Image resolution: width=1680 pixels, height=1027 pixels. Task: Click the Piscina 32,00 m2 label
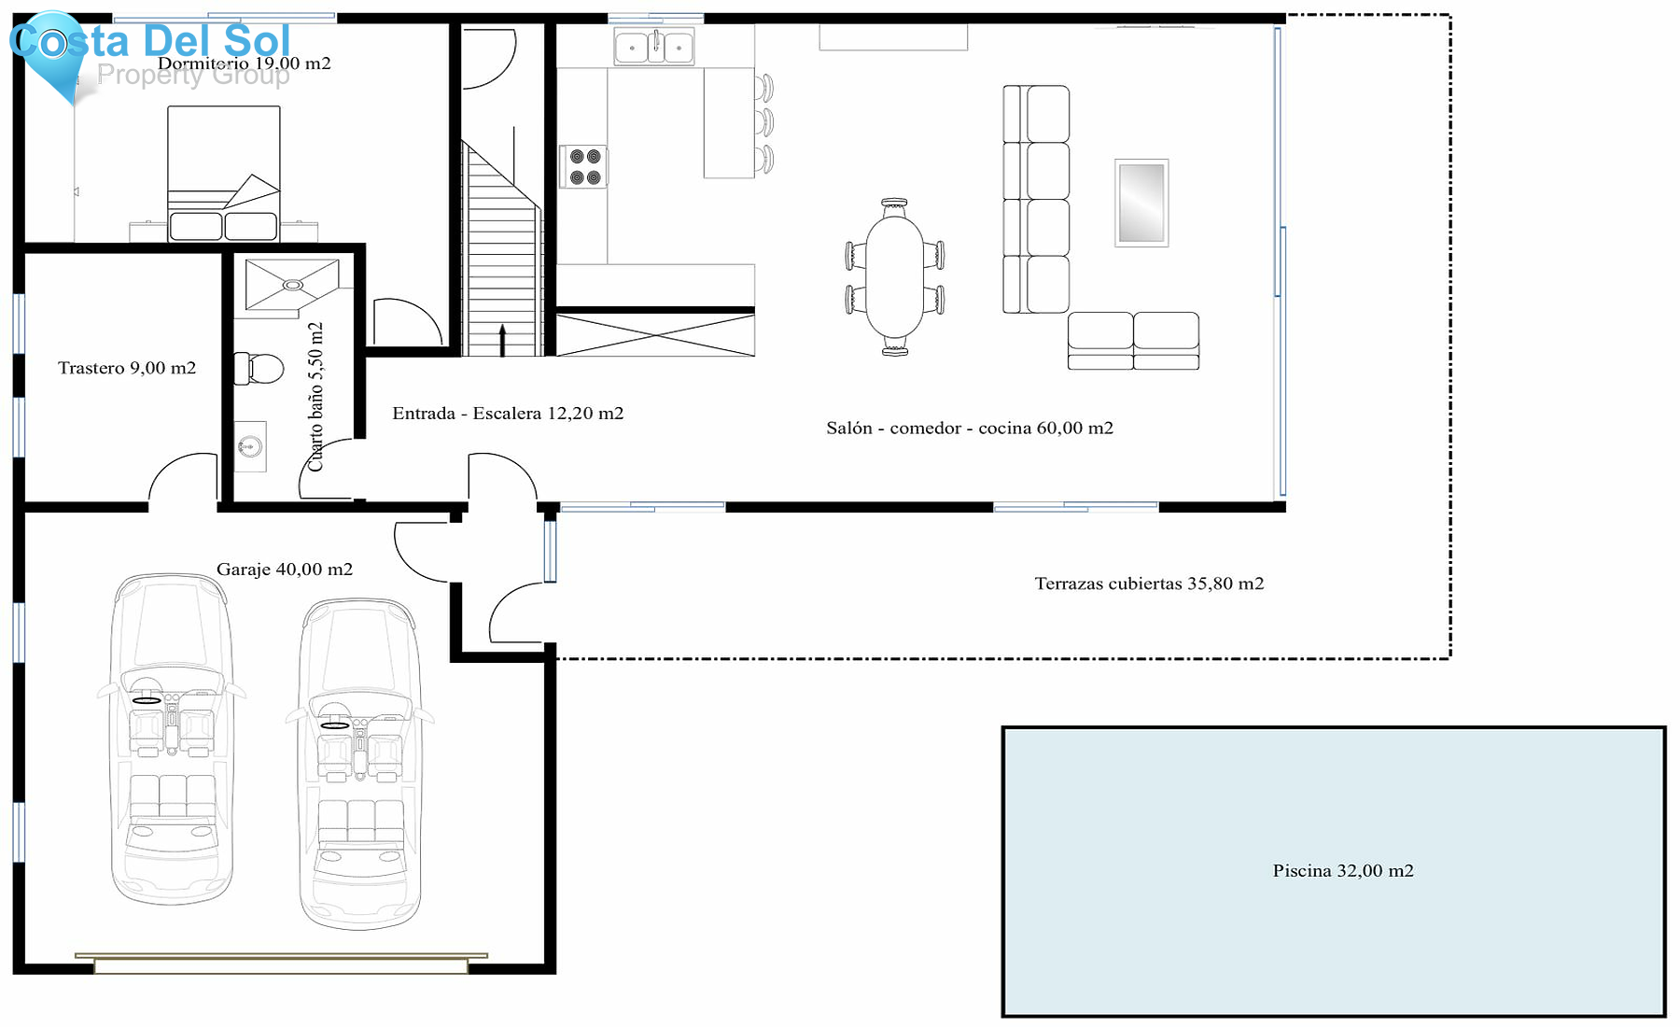tap(1343, 870)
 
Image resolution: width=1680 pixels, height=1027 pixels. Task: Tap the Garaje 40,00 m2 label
tap(285, 569)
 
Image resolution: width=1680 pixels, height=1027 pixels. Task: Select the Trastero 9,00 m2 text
tap(127, 368)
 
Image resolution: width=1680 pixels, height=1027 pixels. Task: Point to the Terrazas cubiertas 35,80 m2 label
tap(1149, 584)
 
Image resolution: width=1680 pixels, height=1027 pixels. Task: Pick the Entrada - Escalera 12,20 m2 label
tap(508, 413)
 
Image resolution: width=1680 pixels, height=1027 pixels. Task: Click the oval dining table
tap(894, 276)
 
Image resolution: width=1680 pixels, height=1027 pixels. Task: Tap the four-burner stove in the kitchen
tap(584, 167)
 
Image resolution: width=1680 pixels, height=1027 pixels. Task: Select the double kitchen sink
tap(654, 46)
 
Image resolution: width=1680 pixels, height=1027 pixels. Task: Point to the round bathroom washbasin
tap(249, 446)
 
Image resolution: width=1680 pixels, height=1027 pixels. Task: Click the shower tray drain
tap(293, 285)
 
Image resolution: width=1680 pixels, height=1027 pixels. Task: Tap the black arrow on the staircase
tap(502, 340)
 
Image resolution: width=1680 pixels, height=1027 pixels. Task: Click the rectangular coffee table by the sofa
tap(1141, 203)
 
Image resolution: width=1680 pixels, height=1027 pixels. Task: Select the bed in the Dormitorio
tap(224, 174)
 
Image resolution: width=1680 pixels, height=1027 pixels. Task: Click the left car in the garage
tap(172, 739)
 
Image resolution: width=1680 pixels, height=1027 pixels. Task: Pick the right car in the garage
tap(360, 764)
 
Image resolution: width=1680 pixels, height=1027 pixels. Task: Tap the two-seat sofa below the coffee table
tap(1133, 341)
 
